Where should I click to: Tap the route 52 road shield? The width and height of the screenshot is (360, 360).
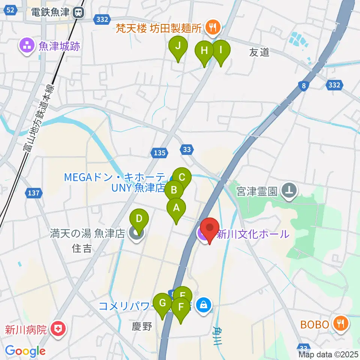[11, 10]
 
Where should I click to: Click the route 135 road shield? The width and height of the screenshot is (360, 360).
[159, 152]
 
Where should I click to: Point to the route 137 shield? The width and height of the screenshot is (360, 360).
[33, 193]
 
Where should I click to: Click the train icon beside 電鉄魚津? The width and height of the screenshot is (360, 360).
[78, 12]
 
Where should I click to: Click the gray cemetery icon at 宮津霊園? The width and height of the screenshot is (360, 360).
[289, 191]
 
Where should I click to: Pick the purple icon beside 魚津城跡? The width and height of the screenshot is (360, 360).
[27, 46]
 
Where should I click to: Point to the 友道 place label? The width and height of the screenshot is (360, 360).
[259, 52]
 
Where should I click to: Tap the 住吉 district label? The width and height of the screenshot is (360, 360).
[82, 248]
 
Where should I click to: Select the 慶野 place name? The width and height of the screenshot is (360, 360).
[142, 327]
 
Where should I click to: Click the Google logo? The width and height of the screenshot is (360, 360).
[25, 351]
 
